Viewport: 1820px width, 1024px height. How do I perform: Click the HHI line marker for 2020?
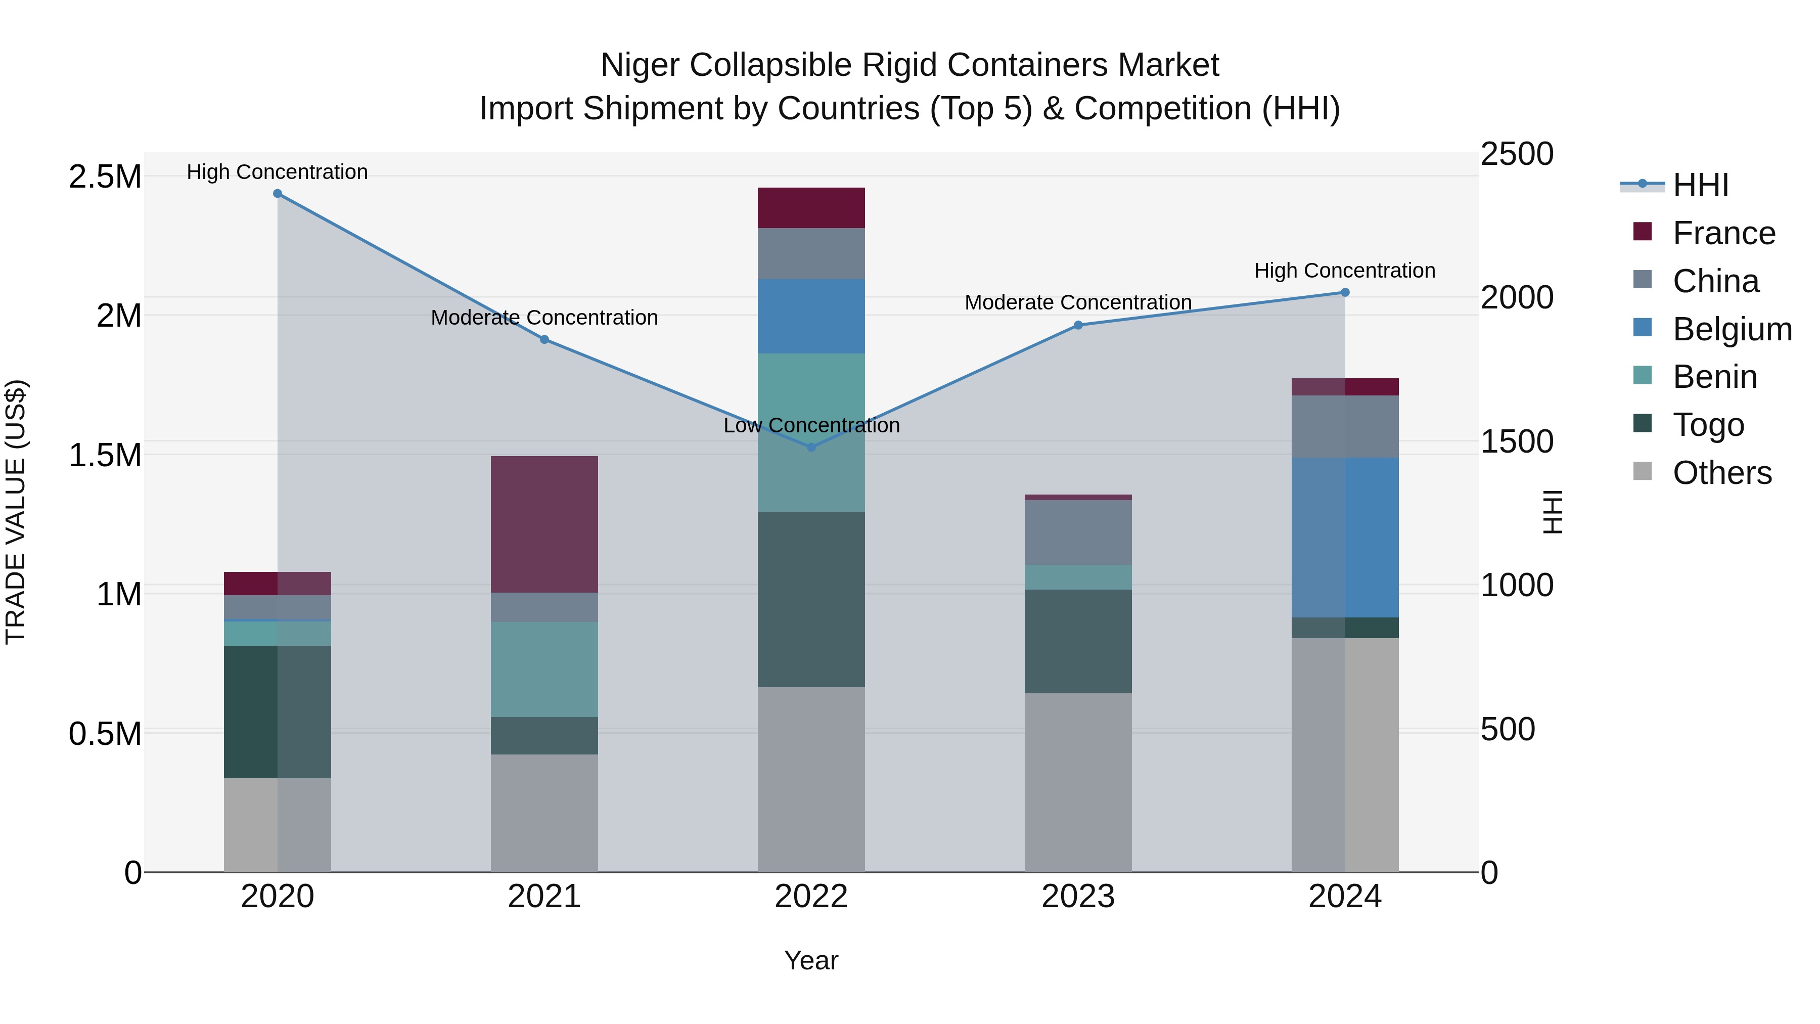click(278, 194)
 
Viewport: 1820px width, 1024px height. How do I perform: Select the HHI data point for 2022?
click(811, 448)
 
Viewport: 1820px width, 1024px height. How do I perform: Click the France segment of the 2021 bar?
click(544, 524)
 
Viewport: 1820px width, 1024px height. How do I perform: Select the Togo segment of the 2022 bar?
click(811, 599)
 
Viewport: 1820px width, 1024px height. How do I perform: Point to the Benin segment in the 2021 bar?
click(544, 669)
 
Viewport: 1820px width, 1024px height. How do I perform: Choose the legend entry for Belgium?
click(1732, 329)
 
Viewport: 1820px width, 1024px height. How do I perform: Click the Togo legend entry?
click(1708, 425)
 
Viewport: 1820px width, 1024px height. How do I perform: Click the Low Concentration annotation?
click(811, 425)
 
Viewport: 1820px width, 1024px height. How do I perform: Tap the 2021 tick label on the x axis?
click(544, 897)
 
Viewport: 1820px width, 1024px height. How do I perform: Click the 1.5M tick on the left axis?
click(105, 455)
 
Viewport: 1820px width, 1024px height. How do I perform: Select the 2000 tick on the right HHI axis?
click(1516, 297)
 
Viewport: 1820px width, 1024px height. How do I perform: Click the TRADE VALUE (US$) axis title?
click(16, 512)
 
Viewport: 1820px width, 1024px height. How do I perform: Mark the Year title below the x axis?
click(811, 960)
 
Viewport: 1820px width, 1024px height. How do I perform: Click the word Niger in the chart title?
click(640, 66)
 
